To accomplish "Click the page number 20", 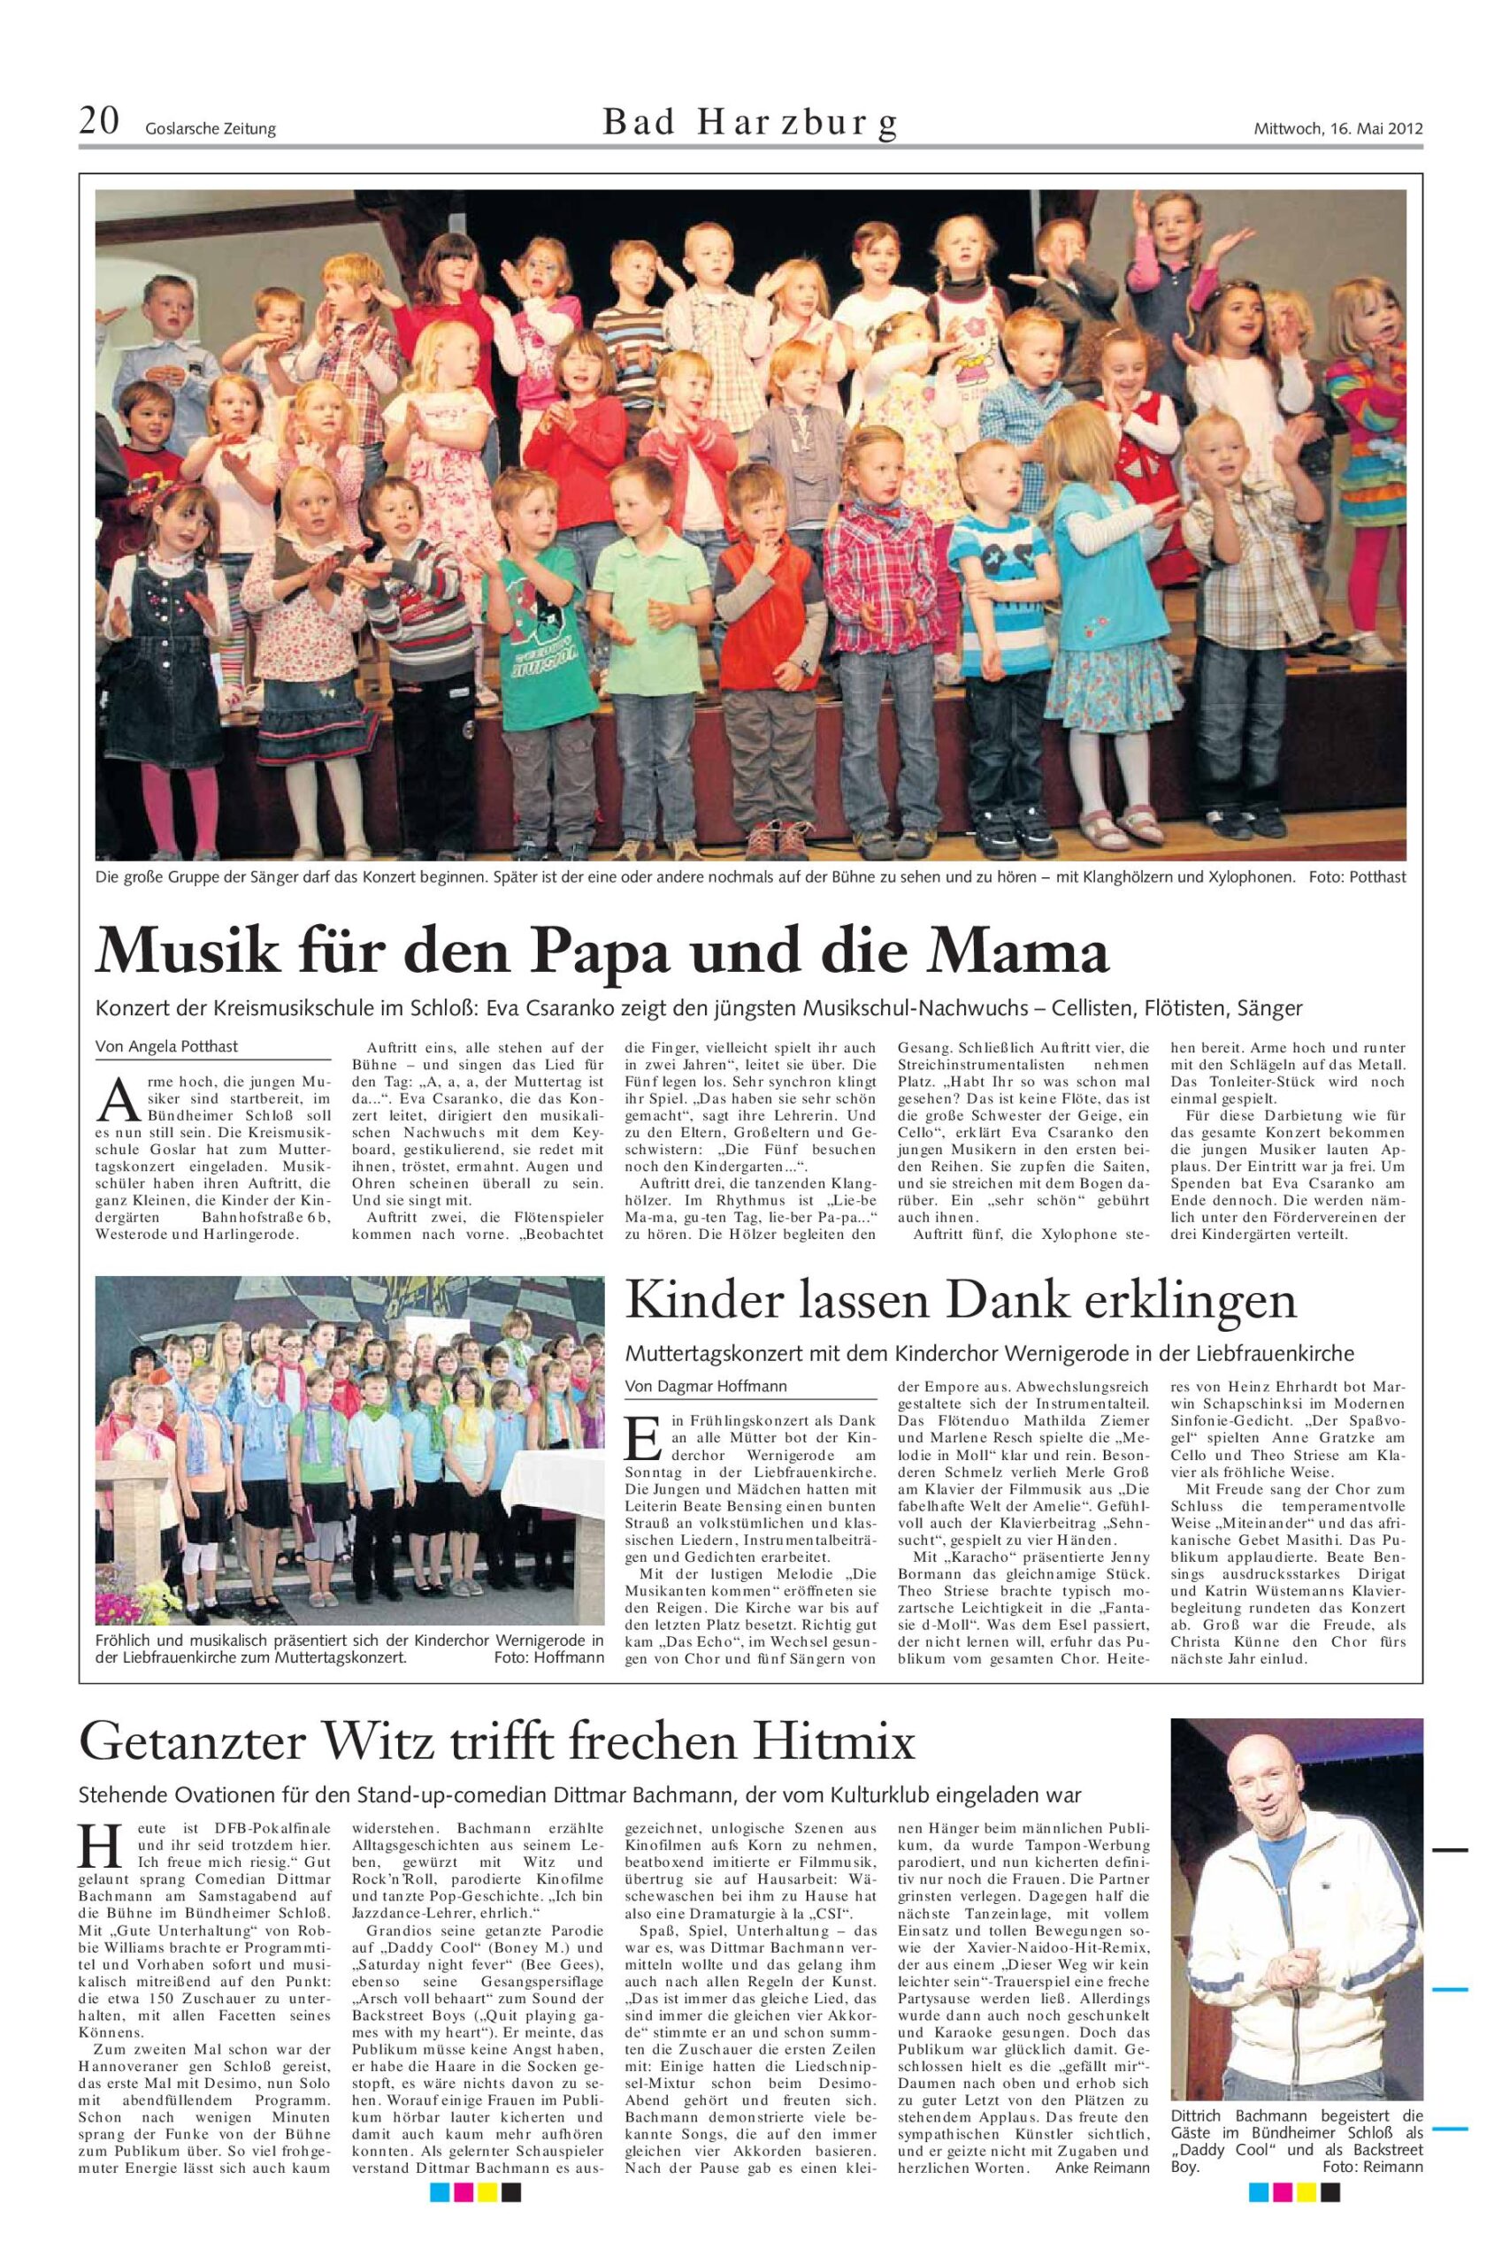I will pos(99,123).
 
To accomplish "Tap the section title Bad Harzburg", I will pos(751,124).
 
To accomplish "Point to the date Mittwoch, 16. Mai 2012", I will pos(1338,128).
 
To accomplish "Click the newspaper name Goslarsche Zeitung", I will pos(211,129).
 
